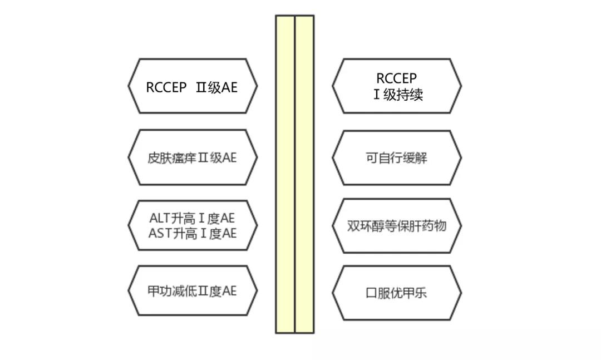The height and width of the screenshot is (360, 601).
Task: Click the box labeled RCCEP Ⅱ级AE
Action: [x=193, y=86]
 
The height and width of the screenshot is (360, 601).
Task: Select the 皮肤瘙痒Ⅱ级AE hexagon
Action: [x=193, y=157]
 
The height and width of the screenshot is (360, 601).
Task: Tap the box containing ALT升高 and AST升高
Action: [x=193, y=226]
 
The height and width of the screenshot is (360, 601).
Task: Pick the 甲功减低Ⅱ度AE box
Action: [x=193, y=292]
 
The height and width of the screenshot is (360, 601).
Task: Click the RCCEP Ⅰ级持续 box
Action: [x=397, y=86]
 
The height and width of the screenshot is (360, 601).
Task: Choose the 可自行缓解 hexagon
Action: [x=397, y=157]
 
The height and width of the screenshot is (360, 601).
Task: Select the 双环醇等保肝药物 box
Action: [x=397, y=226]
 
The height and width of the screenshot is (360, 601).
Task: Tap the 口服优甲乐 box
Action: [x=397, y=293]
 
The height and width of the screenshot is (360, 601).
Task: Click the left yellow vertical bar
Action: [x=285, y=174]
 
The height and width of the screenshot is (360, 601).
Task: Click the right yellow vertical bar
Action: [x=304, y=174]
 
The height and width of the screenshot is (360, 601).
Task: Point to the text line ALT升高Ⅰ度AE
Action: [x=193, y=219]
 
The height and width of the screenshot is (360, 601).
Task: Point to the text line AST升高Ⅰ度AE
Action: [x=193, y=233]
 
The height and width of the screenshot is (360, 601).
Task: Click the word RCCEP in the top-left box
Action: [x=166, y=87]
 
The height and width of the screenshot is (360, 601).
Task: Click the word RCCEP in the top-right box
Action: [x=396, y=78]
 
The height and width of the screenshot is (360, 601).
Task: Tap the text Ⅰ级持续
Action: [x=398, y=95]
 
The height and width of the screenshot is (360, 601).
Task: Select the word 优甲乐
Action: [x=409, y=293]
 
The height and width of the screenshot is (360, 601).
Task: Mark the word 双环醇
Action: [x=363, y=226]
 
